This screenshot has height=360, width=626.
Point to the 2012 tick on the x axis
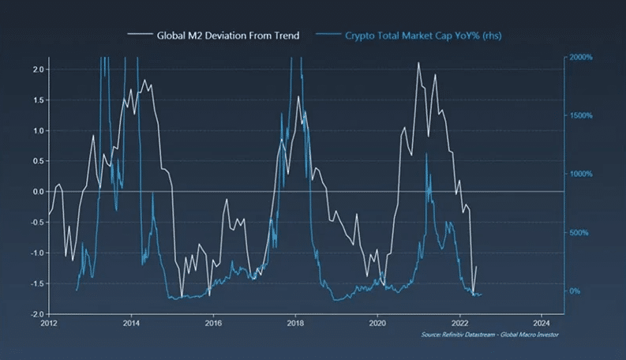tap(49, 322)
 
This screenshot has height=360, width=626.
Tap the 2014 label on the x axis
tap(131, 322)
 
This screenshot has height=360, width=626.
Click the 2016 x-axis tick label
tap(213, 322)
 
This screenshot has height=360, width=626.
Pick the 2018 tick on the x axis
tap(295, 322)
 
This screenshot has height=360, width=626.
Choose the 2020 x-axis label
tap(377, 322)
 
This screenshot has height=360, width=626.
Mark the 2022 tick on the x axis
tap(459, 322)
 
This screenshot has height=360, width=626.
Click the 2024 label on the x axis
tap(542, 322)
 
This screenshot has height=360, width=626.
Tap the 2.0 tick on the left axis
tap(38, 69)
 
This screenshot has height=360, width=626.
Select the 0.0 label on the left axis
tap(38, 192)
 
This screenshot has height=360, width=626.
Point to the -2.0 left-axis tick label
tap(36, 313)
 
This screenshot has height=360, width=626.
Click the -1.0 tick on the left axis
tap(36, 253)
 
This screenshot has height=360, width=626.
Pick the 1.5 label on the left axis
tap(38, 100)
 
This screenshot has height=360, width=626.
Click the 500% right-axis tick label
tap(579, 233)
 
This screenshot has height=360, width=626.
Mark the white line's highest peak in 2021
tap(418, 63)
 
